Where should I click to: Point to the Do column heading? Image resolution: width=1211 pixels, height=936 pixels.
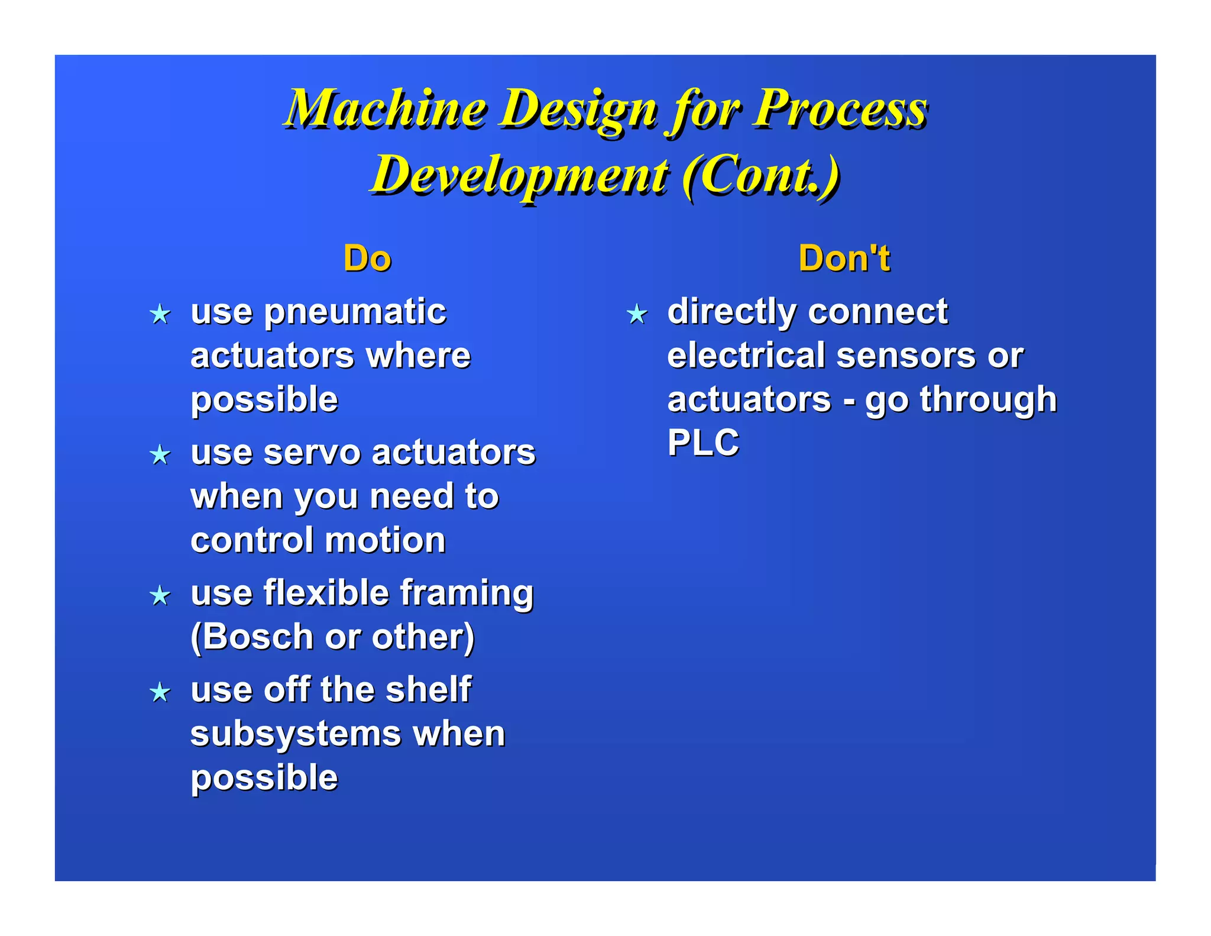[x=367, y=259]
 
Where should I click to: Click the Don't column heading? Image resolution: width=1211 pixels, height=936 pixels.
[x=844, y=259]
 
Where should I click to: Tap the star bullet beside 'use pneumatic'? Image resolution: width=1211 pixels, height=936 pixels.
[x=160, y=314]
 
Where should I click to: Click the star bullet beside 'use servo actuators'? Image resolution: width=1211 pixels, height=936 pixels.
[x=160, y=455]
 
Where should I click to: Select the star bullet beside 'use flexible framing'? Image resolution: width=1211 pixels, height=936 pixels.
[x=160, y=595]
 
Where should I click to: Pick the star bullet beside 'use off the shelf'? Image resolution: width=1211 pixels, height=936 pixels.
[x=160, y=692]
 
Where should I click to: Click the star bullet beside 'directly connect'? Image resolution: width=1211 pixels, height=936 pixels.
[x=637, y=314]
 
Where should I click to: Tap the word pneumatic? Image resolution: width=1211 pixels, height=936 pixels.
[x=355, y=312]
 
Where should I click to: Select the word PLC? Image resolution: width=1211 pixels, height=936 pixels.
[x=703, y=443]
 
